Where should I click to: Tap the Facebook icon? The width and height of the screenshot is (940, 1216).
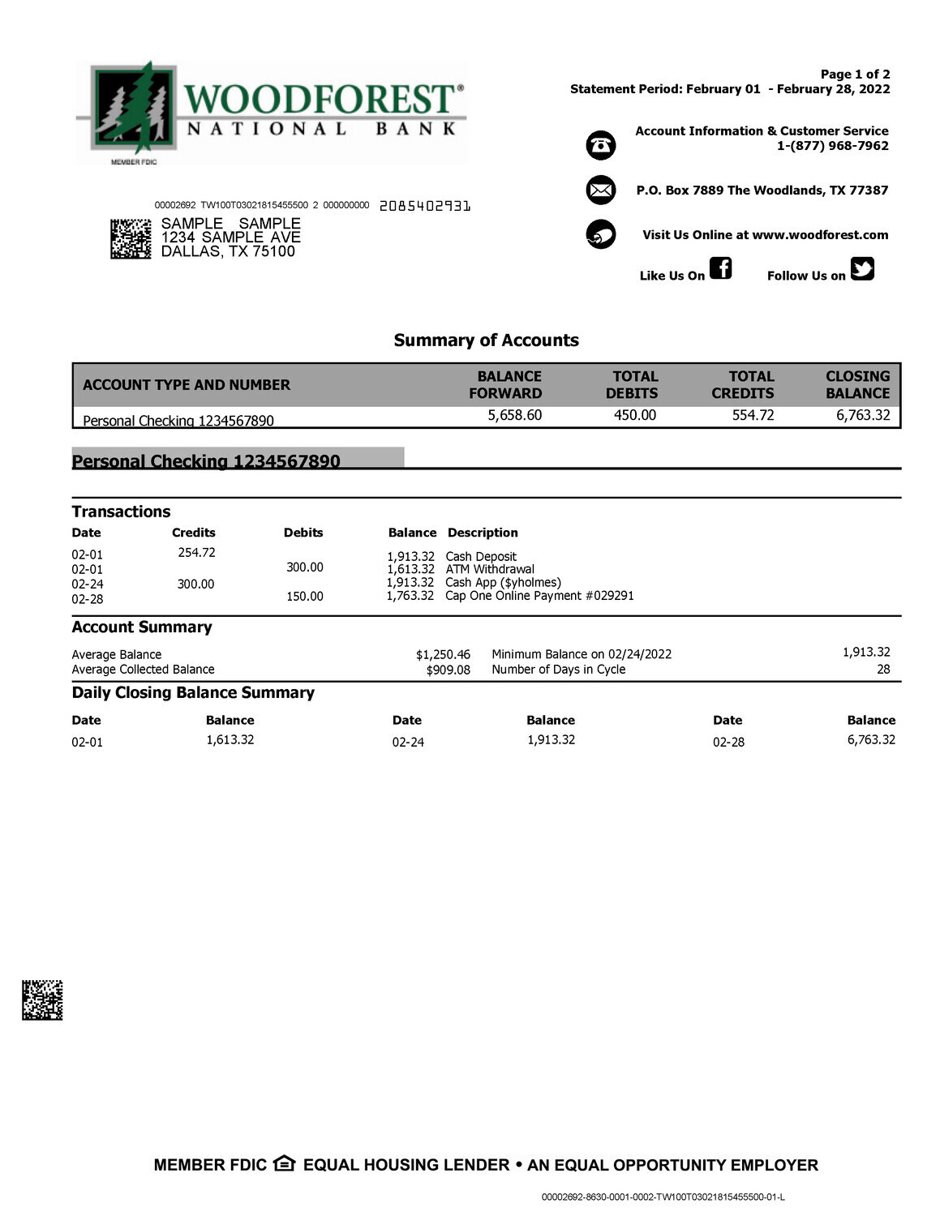pyautogui.click(x=720, y=268)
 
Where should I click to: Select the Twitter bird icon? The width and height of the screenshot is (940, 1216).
pyautogui.click(x=862, y=268)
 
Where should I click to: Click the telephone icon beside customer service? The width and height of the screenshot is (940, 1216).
pyautogui.click(x=601, y=145)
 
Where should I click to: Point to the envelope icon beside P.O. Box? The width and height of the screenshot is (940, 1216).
pyautogui.click(x=601, y=191)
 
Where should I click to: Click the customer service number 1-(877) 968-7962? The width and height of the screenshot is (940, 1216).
pyautogui.click(x=832, y=146)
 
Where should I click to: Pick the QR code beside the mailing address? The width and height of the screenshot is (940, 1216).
pyautogui.click(x=131, y=238)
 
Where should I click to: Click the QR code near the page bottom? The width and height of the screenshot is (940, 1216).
pyautogui.click(x=42, y=1000)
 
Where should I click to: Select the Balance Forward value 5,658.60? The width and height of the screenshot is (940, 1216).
pyautogui.click(x=514, y=416)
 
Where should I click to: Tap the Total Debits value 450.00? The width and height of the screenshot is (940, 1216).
pyautogui.click(x=634, y=416)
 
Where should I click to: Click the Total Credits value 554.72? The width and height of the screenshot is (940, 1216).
pyautogui.click(x=753, y=416)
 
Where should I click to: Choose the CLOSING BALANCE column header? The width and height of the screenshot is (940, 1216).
pyautogui.click(x=857, y=385)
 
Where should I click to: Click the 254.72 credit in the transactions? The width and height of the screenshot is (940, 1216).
pyautogui.click(x=196, y=553)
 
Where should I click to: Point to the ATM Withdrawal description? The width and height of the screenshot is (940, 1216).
pyautogui.click(x=490, y=569)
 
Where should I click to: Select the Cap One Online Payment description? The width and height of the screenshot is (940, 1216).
pyautogui.click(x=539, y=596)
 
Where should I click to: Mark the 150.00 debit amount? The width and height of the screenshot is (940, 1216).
pyautogui.click(x=304, y=597)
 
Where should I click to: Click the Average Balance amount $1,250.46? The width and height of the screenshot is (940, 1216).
pyautogui.click(x=443, y=655)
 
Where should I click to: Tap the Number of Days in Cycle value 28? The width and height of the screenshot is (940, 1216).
pyautogui.click(x=882, y=670)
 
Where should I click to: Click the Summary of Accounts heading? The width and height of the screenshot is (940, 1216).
pyautogui.click(x=486, y=340)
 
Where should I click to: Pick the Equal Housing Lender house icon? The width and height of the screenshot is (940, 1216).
pyautogui.click(x=284, y=1164)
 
